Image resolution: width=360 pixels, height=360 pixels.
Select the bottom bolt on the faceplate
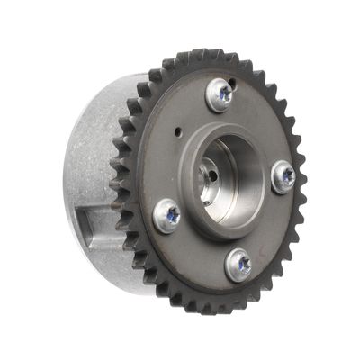click(x=238, y=263)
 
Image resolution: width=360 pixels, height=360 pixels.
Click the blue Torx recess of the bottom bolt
click(x=238, y=263)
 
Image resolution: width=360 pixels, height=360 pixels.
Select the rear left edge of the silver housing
click(x=68, y=180)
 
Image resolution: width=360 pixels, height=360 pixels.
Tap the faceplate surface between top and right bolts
click(x=261, y=126)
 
